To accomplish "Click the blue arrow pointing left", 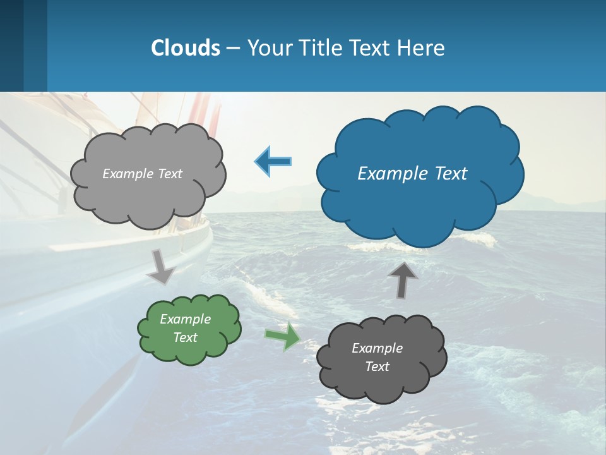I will coord(274,162).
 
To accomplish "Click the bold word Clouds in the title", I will coord(186,47).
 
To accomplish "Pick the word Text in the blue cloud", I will coord(450,174).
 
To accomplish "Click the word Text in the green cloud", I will coord(185,337).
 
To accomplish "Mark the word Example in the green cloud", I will coord(185,319).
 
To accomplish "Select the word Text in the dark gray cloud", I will coord(377,367).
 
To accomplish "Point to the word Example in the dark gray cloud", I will coord(377,348).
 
